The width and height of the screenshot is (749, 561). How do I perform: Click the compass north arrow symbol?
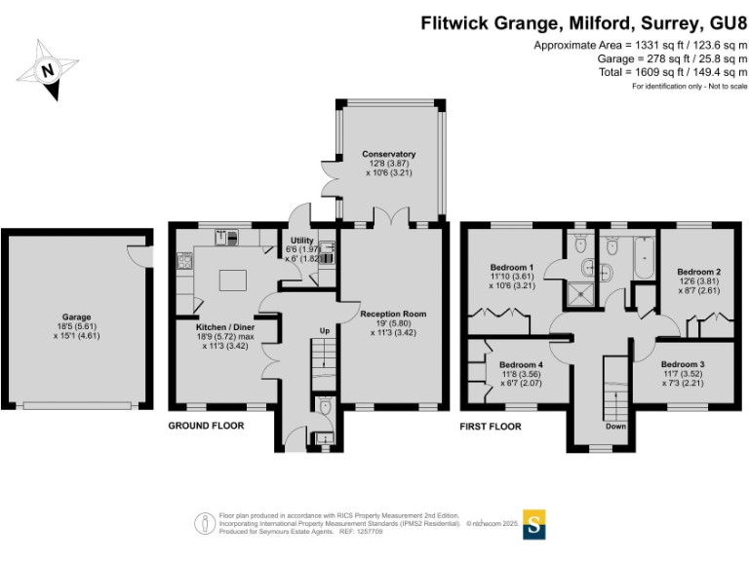click(48, 69)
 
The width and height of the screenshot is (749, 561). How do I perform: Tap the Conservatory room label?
click(388, 154)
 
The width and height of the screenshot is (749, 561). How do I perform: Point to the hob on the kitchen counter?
click(183, 259)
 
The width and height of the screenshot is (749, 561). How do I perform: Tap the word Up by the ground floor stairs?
click(325, 332)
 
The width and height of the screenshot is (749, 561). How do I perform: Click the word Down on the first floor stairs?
click(615, 426)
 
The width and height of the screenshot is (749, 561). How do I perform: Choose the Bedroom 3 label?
click(682, 364)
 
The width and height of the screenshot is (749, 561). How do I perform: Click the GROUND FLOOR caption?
click(206, 426)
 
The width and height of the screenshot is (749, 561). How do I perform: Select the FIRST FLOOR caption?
click(491, 427)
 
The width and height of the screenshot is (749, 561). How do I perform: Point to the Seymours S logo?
click(533, 523)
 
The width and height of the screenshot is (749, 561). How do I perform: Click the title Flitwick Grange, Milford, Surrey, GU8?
click(583, 23)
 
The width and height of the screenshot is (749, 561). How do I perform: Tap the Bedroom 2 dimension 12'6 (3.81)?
click(698, 281)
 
